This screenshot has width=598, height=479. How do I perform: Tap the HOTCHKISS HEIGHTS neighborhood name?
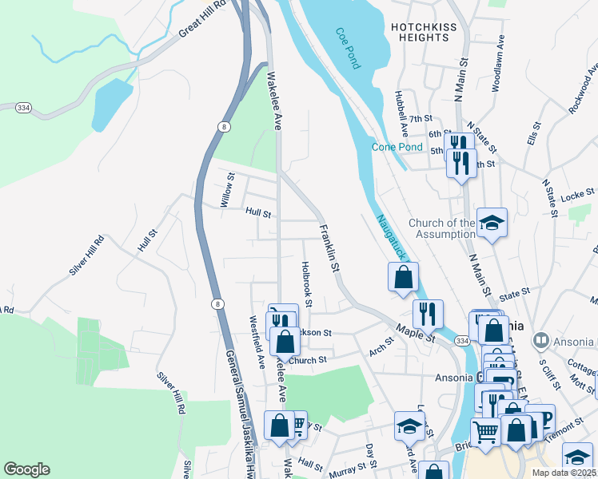pos(420,32)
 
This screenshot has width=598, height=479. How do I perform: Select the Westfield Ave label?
pos(257,342)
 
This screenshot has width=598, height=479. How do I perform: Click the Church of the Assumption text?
pos(441,228)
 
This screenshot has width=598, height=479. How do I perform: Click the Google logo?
pos(26,469)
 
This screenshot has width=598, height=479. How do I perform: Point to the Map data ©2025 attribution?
pos(564,473)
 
